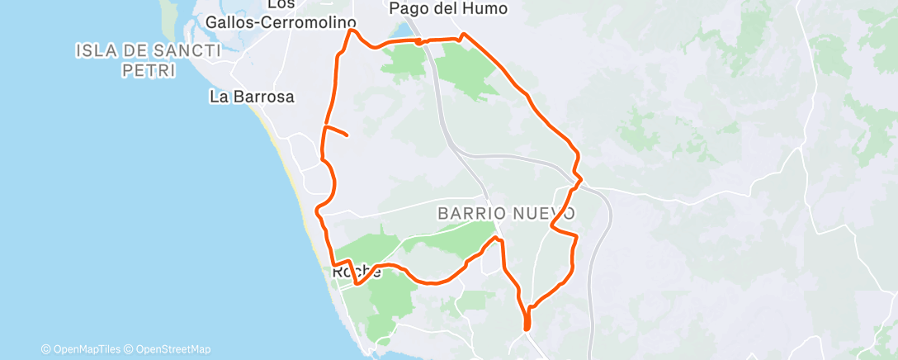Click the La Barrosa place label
pos(252,97)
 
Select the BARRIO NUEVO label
pos(506,213)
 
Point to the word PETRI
pos(148,71)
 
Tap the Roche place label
pos(357,272)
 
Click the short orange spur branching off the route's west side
pos(338,130)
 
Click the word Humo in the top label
pos(488,9)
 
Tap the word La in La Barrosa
pos(218,97)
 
